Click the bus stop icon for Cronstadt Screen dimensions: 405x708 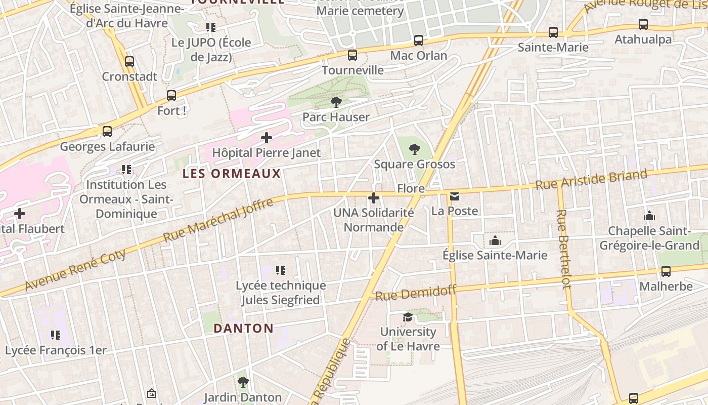(129, 62)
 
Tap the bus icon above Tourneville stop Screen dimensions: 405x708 (352, 55)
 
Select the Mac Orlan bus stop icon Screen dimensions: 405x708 (419, 40)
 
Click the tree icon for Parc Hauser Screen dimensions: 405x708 (336, 103)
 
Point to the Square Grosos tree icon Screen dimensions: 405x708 (415, 149)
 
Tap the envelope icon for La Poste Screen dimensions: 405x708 (455, 196)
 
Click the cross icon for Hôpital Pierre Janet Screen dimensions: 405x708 (267, 138)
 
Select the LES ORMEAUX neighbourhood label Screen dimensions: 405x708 (232, 174)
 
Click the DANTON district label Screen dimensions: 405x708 (243, 328)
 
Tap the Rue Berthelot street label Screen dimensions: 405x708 (563, 249)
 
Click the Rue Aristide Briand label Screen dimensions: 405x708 (591, 180)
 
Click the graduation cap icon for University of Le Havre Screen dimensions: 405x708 (408, 317)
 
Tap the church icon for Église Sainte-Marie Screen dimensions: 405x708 (495, 240)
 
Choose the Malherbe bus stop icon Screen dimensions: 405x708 (666, 271)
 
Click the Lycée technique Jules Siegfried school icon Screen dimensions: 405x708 (281, 271)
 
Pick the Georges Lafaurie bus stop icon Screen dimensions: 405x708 (107, 132)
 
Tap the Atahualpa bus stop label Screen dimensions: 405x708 (643, 39)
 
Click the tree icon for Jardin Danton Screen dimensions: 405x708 (243, 382)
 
